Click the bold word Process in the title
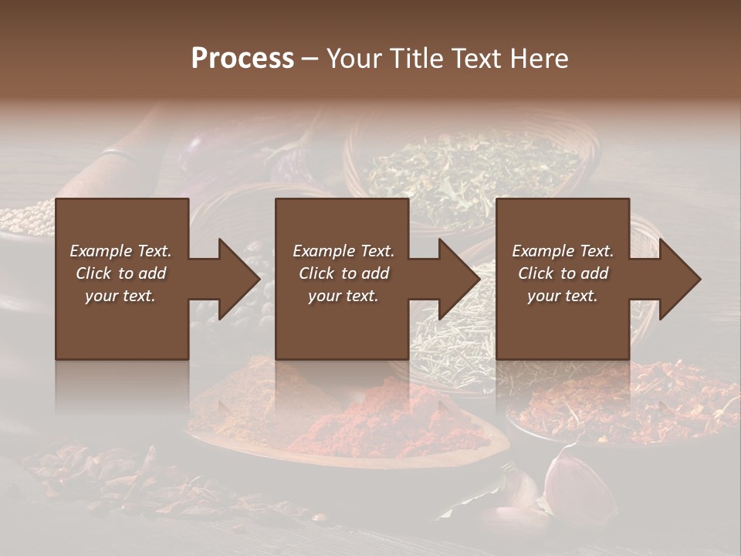tap(242, 59)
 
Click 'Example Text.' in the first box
tap(120, 251)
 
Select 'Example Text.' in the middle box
tap(343, 251)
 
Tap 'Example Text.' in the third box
tap(563, 251)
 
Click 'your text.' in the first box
tap(120, 296)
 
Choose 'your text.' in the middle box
tap(343, 296)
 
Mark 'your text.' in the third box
tap(563, 296)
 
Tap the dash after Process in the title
tap(310, 59)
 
